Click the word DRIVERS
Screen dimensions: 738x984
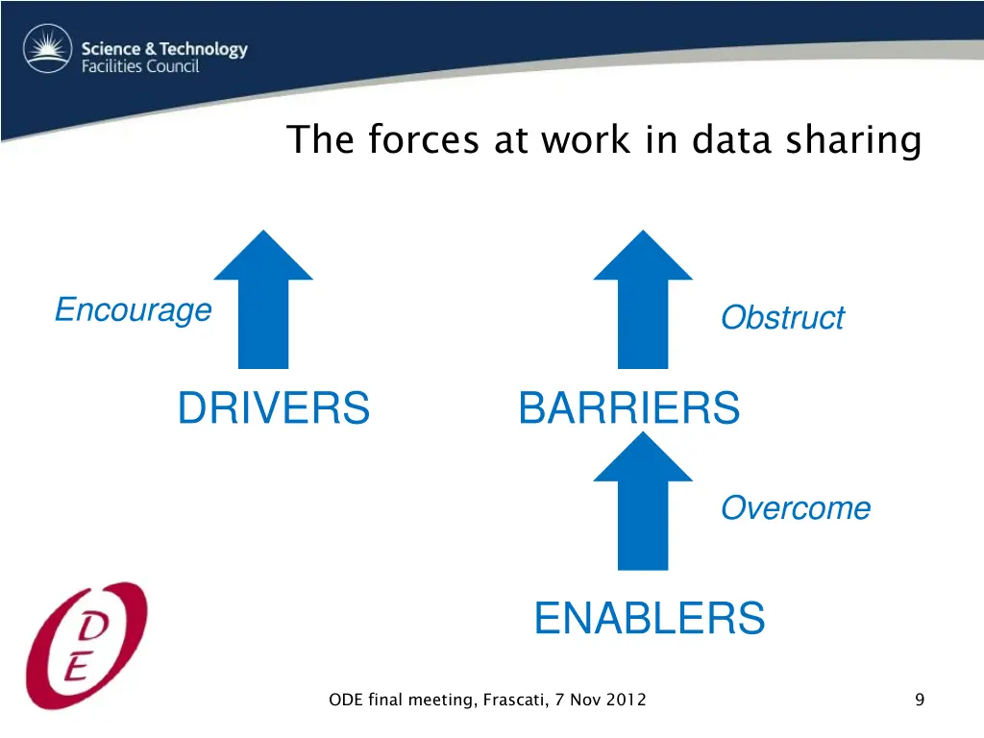273,407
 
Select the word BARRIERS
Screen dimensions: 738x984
628,407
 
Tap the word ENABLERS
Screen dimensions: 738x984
650,618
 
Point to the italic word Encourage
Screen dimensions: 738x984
133,309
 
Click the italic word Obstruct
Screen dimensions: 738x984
782,317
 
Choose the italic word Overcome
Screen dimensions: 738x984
796,507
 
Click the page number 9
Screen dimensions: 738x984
920,700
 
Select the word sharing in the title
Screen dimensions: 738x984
853,140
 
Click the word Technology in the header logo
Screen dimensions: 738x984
203,49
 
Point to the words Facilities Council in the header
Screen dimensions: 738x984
139,67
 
